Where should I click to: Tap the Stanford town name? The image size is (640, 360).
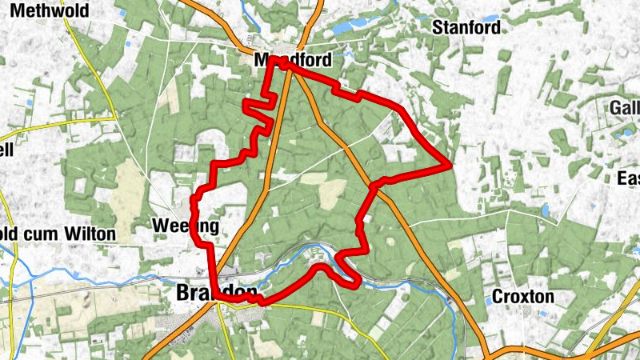point(466,27)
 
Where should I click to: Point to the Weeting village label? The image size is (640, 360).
point(185,226)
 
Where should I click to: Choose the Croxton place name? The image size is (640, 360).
point(522,296)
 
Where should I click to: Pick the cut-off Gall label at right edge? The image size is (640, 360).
point(625,108)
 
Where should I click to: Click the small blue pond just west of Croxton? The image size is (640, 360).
point(487,300)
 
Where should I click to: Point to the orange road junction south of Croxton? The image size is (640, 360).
point(489,352)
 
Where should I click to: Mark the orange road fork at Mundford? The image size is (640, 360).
point(302,50)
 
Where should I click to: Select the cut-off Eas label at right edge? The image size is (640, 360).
point(628,178)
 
